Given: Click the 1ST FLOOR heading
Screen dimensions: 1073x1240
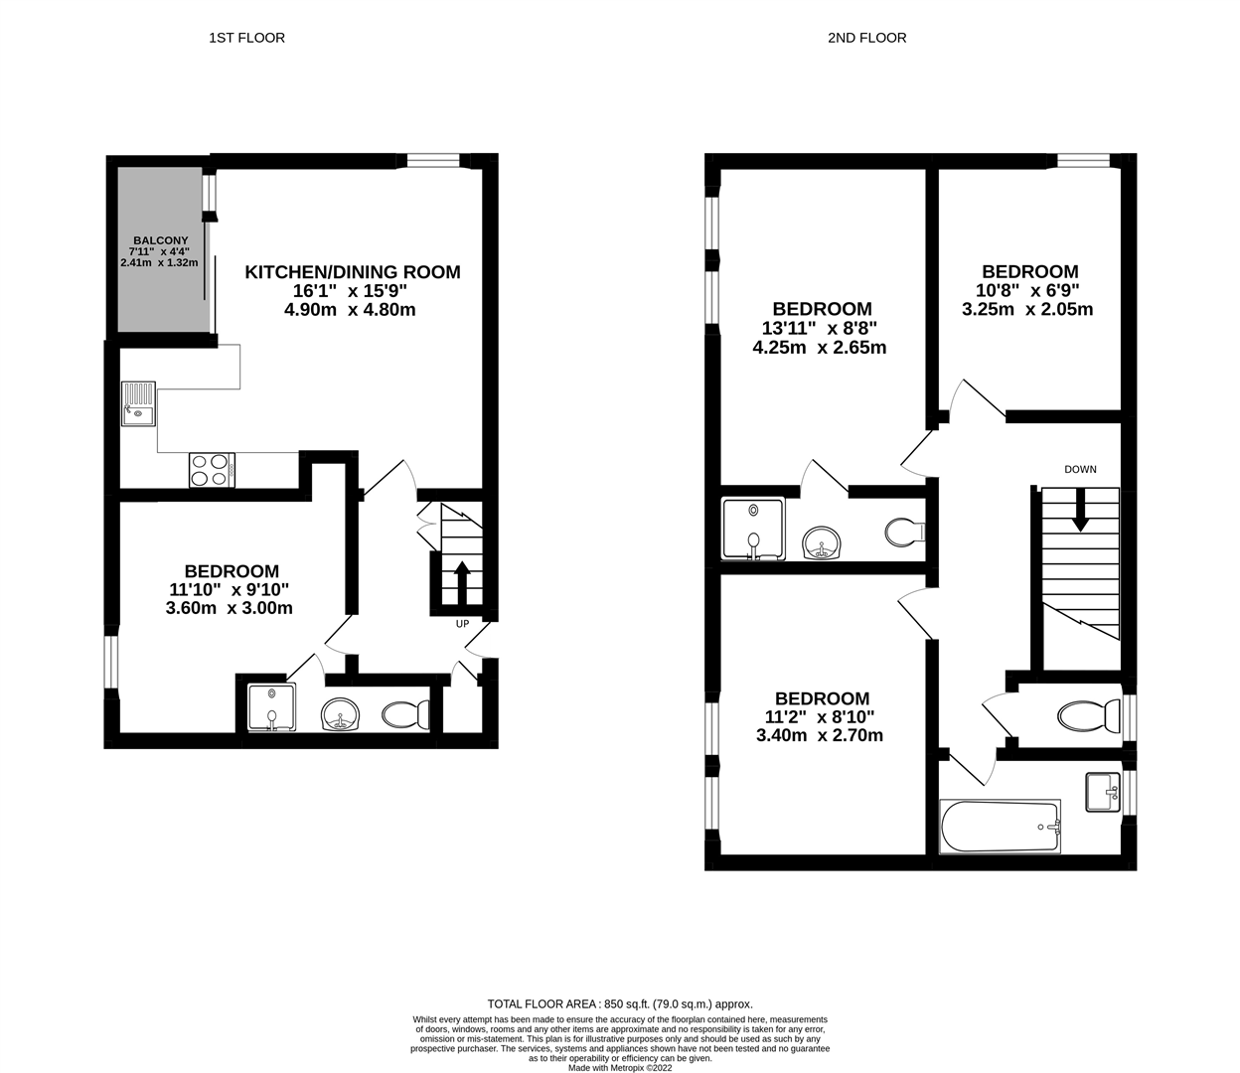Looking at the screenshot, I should tap(246, 38).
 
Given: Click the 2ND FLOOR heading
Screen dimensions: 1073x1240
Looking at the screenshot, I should tap(866, 38).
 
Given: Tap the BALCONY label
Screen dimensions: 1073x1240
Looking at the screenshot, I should tap(160, 240).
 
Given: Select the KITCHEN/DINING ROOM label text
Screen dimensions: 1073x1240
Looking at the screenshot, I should tap(353, 271).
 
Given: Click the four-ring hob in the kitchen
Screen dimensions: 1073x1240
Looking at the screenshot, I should tap(212, 469).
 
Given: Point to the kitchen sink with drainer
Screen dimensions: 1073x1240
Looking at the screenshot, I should tap(139, 403).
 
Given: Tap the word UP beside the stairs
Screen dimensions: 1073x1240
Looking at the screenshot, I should tap(462, 624).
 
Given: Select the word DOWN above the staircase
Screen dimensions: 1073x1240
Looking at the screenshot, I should tap(1080, 469).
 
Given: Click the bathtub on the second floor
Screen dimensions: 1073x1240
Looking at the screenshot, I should tap(1001, 828).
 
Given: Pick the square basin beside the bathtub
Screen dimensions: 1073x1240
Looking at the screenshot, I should tap(1102, 792).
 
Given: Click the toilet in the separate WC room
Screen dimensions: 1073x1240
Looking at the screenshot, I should tap(1081, 716).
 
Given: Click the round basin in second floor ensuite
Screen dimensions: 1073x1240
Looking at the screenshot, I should tap(823, 542).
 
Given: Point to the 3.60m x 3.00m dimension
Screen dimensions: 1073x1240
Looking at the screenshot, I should tap(230, 608).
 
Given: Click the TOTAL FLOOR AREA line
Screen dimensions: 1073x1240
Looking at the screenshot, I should tap(620, 1003).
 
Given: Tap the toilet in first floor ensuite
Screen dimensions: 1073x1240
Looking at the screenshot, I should tap(406, 713).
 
